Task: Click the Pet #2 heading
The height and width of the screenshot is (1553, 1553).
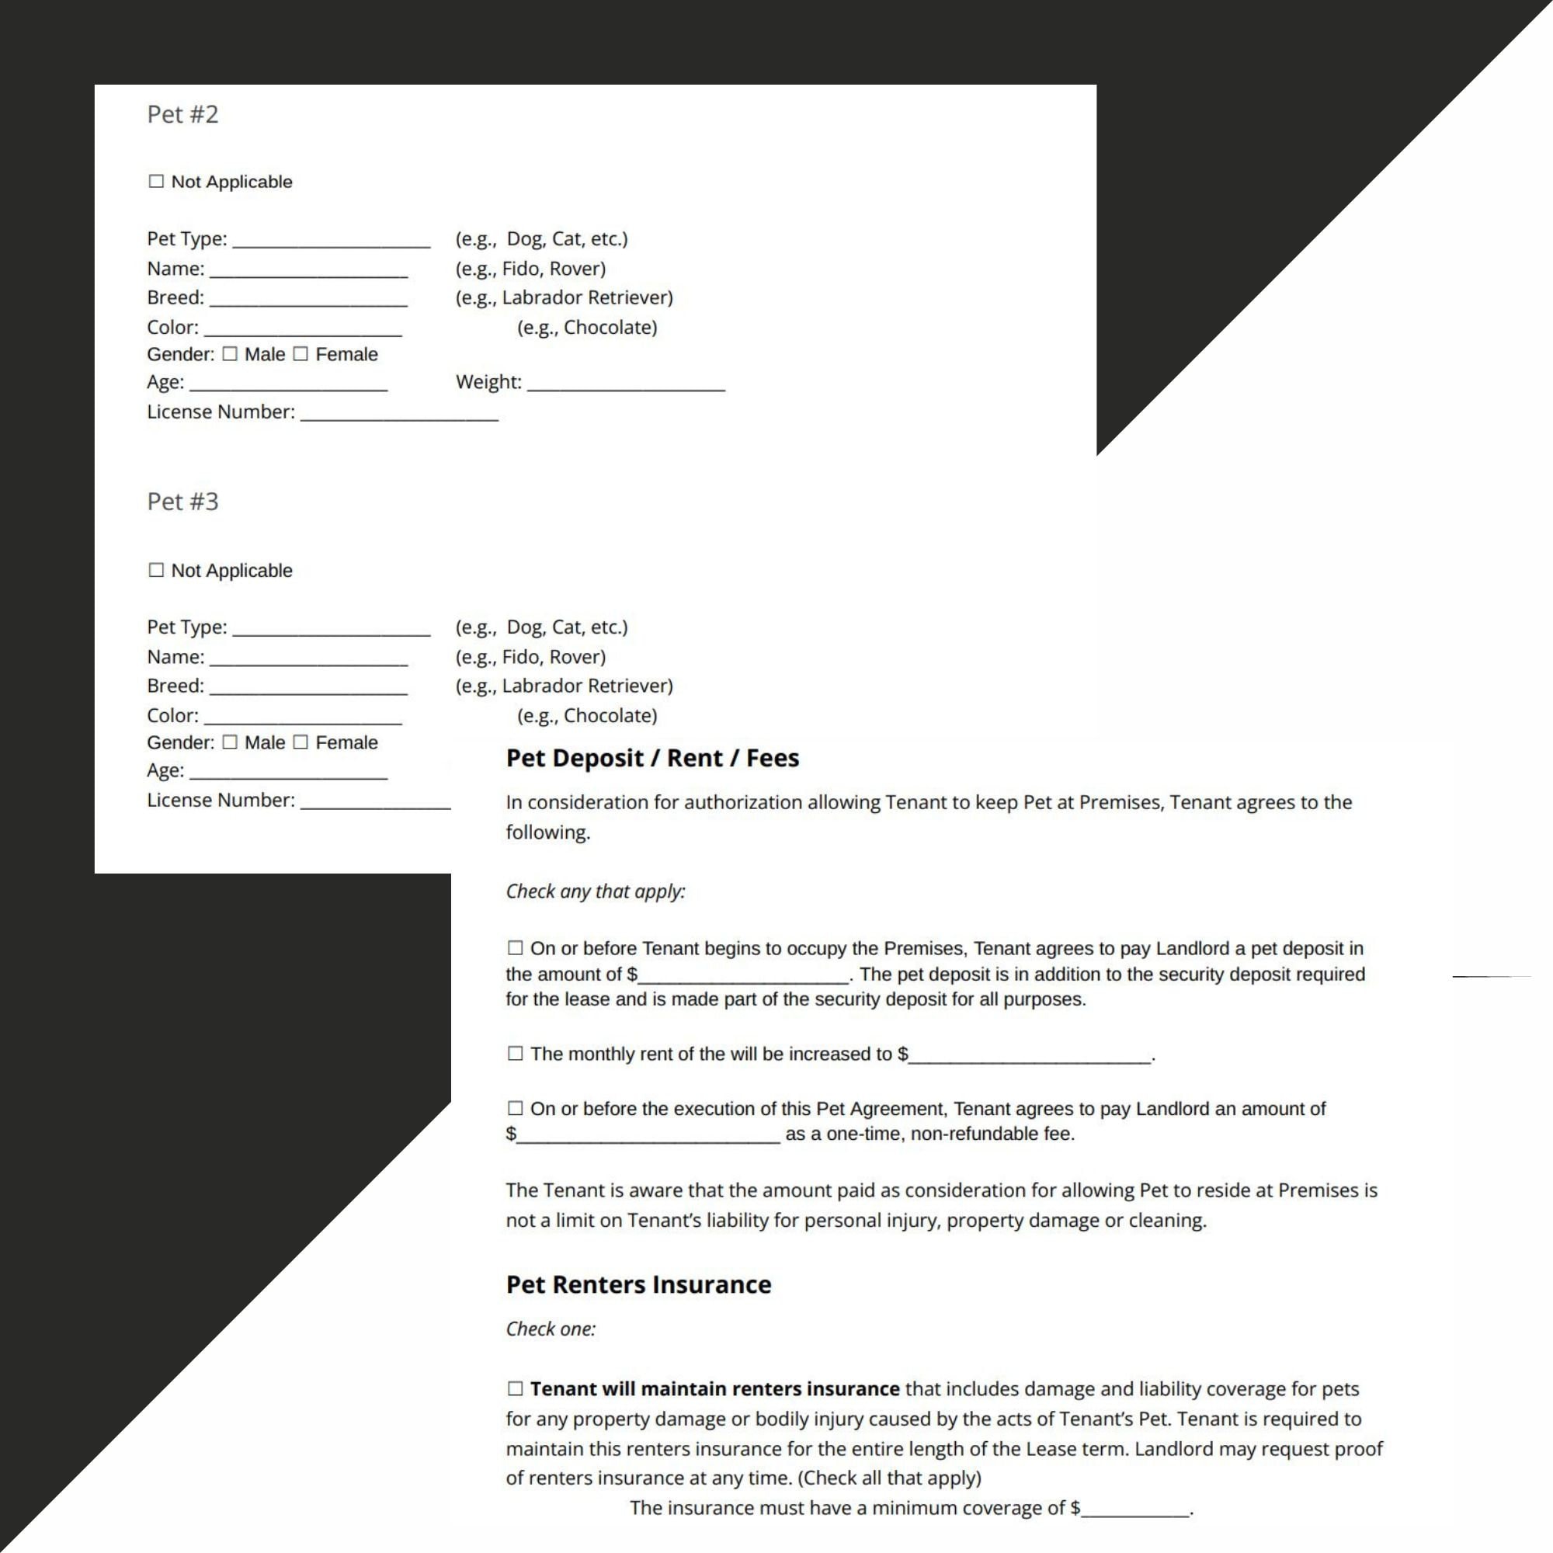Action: pos(182,115)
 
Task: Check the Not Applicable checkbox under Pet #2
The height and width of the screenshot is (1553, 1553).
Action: pos(156,182)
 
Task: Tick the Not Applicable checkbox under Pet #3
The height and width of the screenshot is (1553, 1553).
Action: pos(156,570)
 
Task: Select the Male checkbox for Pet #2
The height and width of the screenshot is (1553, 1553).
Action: pos(230,355)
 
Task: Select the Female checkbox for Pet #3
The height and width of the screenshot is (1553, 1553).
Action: pos(301,743)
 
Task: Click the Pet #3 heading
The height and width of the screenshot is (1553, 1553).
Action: pos(182,502)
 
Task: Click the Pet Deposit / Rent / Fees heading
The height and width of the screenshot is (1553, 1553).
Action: pos(652,758)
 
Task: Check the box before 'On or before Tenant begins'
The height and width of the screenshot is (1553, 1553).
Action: pos(516,949)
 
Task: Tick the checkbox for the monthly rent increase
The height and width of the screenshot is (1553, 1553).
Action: pos(516,1054)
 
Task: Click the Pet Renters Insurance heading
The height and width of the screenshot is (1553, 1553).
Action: pos(638,1284)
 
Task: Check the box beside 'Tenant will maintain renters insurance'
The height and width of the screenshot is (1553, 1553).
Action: pos(516,1389)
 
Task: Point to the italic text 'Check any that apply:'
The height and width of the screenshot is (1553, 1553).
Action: pos(595,891)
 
